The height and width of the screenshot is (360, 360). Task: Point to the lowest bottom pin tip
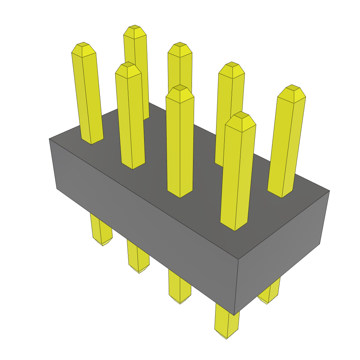pos(226,336)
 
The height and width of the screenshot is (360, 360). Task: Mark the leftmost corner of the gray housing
pos(49,139)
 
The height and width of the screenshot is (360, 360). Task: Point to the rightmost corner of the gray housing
pos(329,191)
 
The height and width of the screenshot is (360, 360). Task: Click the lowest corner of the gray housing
pos(234,315)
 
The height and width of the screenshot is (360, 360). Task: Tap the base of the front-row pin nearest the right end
pos(235,227)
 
